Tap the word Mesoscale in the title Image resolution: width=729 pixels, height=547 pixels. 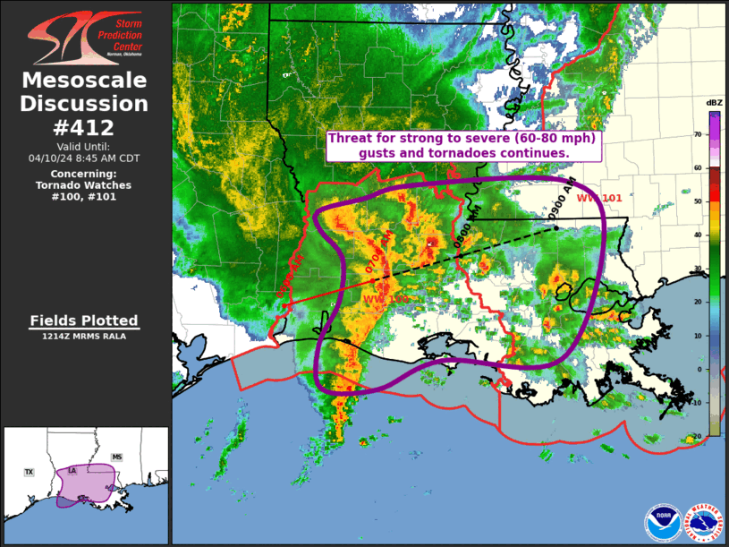coord(84,81)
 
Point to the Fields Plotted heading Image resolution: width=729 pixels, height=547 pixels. coord(84,321)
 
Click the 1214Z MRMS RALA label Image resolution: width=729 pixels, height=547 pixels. coord(84,337)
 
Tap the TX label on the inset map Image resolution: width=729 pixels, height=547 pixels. coord(29,472)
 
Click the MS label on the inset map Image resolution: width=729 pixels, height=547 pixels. coord(116,457)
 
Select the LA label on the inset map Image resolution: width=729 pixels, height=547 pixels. coord(72,470)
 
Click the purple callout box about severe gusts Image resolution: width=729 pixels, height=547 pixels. coord(462,146)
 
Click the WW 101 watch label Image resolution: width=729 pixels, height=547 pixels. coord(598,198)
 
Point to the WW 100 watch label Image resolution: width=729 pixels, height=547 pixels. coord(386,298)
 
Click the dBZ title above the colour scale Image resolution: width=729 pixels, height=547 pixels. coord(714,103)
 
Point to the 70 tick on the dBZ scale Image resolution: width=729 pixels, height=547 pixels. coord(697,134)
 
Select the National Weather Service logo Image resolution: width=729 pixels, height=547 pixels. coord(704,523)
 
